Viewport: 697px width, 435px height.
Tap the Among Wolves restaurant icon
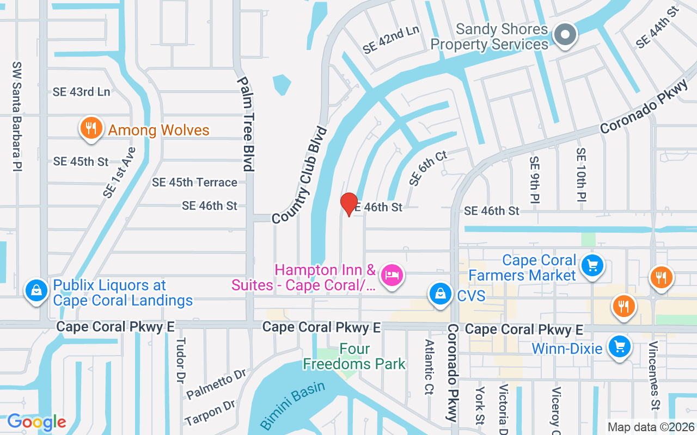(x=91, y=128)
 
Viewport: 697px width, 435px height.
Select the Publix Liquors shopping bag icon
(x=36, y=290)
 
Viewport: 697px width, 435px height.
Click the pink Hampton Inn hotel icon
(x=392, y=275)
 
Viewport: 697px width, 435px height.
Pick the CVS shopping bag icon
(x=439, y=294)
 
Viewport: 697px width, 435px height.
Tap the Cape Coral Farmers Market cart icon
(x=592, y=266)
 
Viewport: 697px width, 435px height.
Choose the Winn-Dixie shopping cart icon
(x=619, y=346)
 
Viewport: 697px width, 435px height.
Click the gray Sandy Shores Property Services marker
(x=565, y=35)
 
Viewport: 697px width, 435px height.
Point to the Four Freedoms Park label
(x=354, y=356)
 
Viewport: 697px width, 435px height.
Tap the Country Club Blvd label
(x=299, y=175)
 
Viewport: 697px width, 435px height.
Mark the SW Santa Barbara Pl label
(x=17, y=116)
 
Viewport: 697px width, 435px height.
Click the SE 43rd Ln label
(x=81, y=92)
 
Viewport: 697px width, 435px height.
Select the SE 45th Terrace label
(x=194, y=183)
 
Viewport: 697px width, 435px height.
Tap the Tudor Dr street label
(x=180, y=361)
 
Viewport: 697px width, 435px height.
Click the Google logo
(x=36, y=421)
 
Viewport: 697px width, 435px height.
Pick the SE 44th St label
(x=658, y=26)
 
